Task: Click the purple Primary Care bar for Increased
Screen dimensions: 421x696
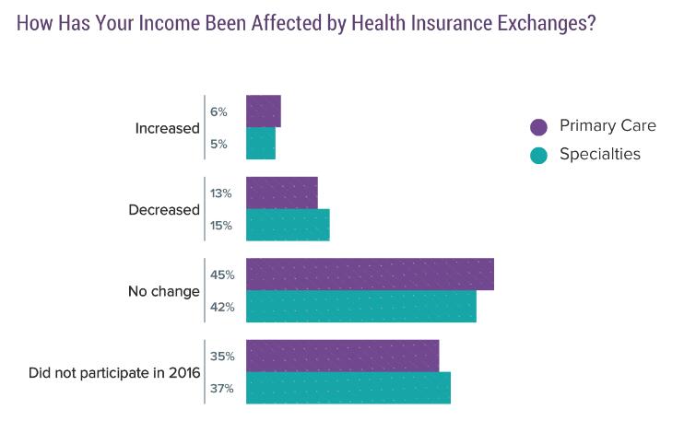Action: (263, 111)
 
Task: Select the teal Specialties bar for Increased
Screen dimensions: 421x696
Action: (260, 144)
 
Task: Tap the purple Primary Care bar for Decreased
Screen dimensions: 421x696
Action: (281, 193)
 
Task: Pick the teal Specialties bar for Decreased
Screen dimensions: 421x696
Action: (288, 225)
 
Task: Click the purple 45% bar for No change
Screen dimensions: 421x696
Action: (370, 275)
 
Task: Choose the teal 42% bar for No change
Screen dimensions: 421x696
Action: (360, 306)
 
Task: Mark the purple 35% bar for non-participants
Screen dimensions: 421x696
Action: (342, 356)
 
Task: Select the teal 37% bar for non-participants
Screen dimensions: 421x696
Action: (348, 388)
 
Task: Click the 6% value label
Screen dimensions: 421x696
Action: (218, 112)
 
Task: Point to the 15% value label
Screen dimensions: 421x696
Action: (221, 226)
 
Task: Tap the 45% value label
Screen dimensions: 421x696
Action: (222, 275)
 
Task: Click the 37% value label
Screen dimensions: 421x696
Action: (222, 388)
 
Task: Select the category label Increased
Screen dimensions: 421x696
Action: (167, 128)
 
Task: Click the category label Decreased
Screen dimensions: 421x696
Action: (164, 209)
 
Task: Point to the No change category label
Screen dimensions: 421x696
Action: (163, 291)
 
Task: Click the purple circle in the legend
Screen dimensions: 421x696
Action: (539, 127)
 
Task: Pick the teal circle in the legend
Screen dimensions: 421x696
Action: (539, 155)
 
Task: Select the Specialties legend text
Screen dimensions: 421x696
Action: (599, 155)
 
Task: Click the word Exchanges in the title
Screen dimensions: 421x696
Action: (537, 24)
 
